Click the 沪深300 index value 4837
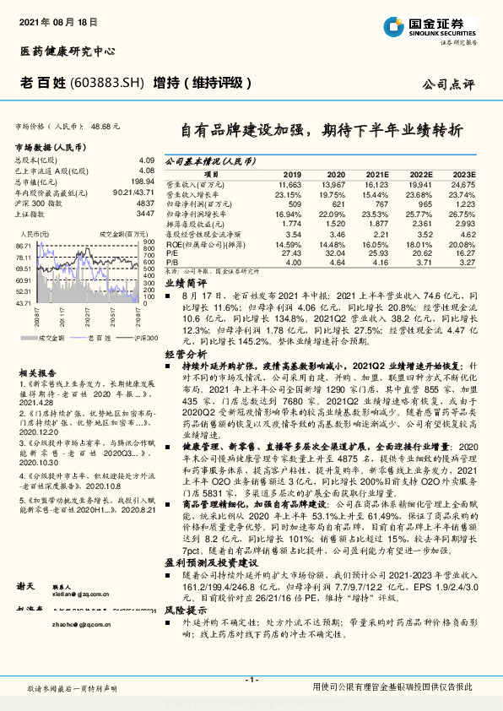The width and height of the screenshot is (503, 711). (x=146, y=204)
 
